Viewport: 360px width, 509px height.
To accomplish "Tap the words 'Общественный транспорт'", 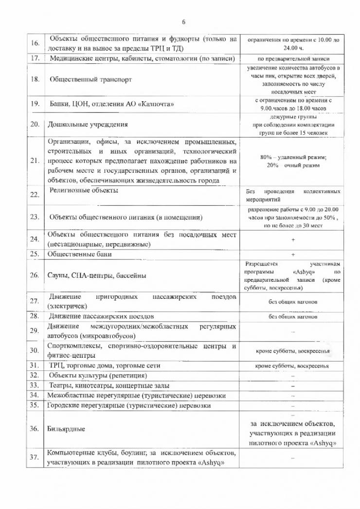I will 90,79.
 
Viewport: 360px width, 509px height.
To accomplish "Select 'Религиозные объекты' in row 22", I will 84,190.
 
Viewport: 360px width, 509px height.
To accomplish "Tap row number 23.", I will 35,218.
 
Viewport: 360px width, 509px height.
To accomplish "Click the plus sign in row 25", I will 293,254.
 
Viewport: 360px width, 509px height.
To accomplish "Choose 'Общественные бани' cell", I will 80,254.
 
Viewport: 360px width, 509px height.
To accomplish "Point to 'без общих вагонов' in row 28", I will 293,316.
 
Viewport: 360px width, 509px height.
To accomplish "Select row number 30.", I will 35,351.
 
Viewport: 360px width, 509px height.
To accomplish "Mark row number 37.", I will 35,457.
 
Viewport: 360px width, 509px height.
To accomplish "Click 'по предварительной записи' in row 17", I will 293,59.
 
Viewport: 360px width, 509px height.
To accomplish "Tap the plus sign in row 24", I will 293,239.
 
